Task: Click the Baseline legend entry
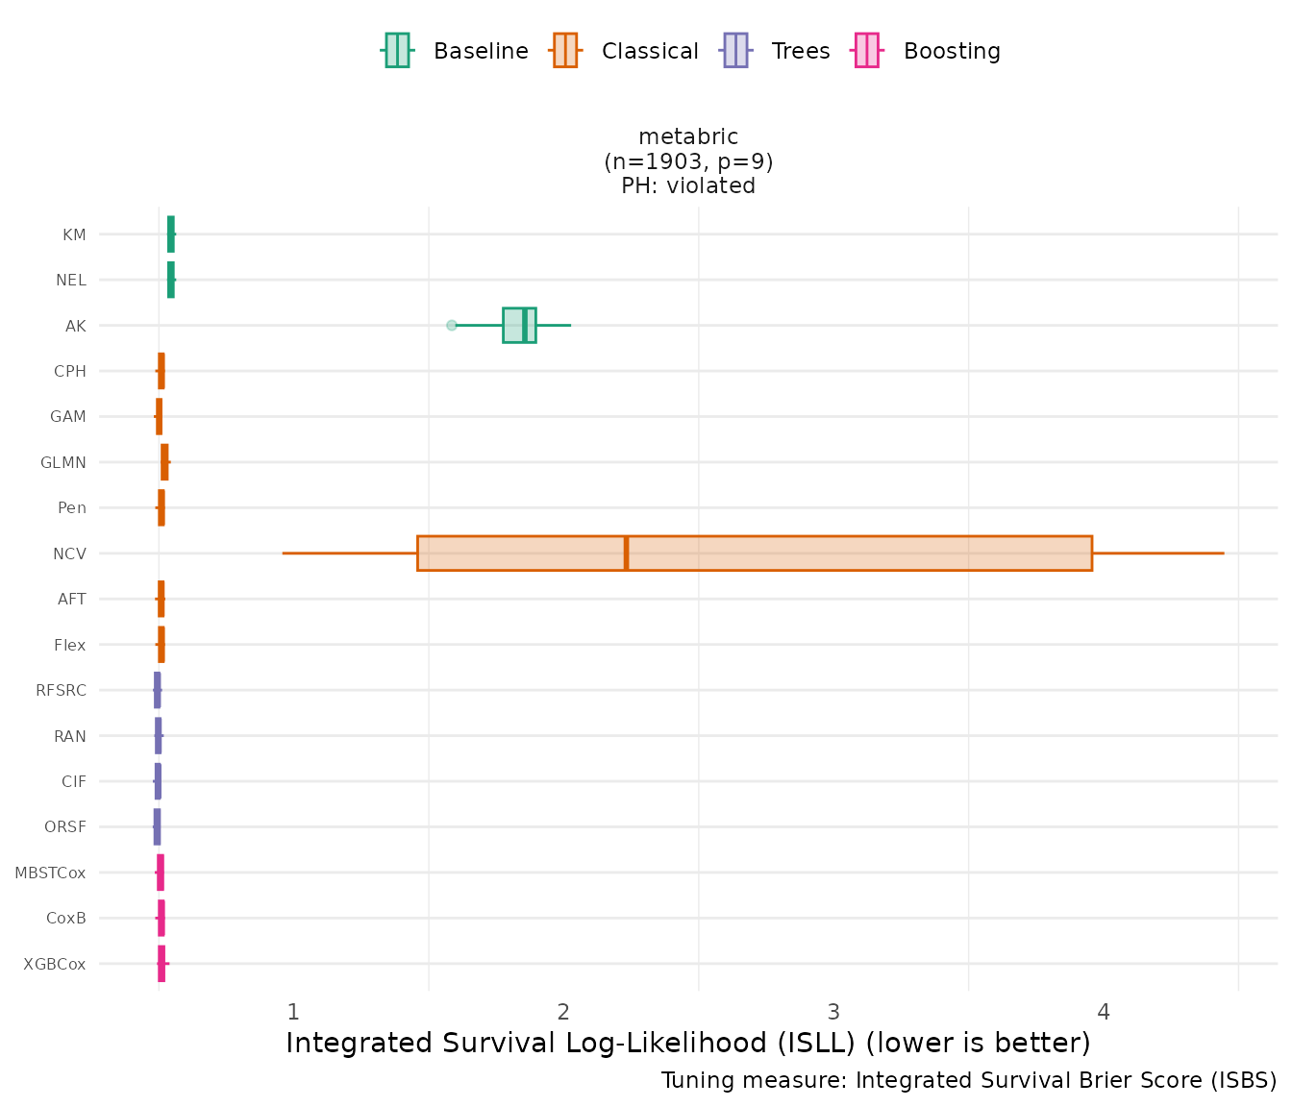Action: point(456,51)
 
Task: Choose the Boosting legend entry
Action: point(928,51)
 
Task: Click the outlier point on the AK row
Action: point(452,326)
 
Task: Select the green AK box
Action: point(519,326)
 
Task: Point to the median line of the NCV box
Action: point(626,553)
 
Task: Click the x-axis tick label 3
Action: point(833,1011)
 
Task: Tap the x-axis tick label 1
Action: point(293,1011)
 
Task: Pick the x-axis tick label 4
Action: point(1104,1011)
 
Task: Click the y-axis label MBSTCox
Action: point(50,873)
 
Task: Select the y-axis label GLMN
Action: point(63,463)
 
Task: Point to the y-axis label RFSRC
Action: point(61,691)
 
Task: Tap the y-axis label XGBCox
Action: point(55,964)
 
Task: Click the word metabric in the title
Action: point(688,137)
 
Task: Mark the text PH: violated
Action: point(688,186)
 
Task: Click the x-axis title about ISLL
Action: point(688,1043)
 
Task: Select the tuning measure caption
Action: point(969,1081)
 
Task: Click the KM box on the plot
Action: point(171,234)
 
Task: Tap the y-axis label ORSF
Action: point(65,827)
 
